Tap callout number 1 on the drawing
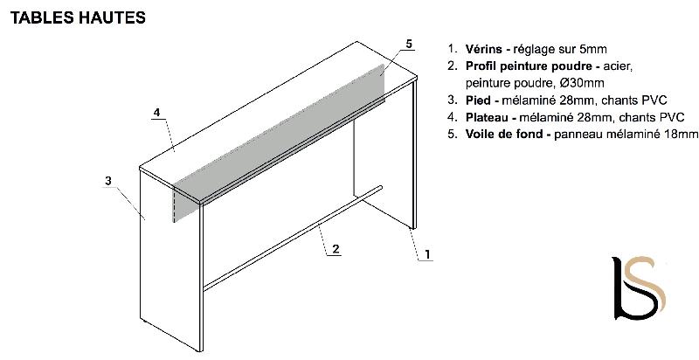coord(427,254)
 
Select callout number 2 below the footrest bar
coord(335,248)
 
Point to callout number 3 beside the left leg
coord(107,181)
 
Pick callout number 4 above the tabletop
coord(156,113)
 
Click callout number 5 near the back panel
coord(409,43)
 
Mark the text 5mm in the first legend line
coord(604,50)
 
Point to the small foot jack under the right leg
coord(411,229)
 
